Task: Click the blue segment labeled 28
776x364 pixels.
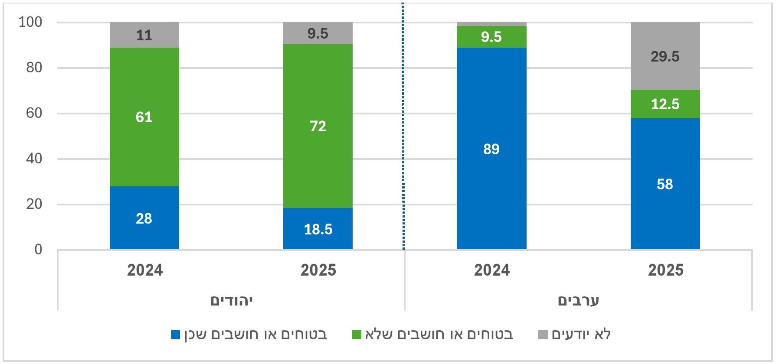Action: pyautogui.click(x=144, y=218)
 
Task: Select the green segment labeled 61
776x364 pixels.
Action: pyautogui.click(x=144, y=117)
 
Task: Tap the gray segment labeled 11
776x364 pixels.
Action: pyautogui.click(x=144, y=35)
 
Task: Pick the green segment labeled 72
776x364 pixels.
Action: pyautogui.click(x=318, y=126)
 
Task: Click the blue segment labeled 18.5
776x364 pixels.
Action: pyautogui.click(x=318, y=228)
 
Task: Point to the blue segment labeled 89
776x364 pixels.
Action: pyautogui.click(x=491, y=149)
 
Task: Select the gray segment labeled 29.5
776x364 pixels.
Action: pyautogui.click(x=665, y=56)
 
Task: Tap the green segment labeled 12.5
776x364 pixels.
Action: pyautogui.click(x=665, y=104)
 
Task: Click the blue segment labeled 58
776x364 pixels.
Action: pyautogui.click(x=665, y=184)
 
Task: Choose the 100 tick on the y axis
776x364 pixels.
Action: pyautogui.click(x=30, y=22)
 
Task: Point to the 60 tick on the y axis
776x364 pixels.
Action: pyautogui.click(x=34, y=113)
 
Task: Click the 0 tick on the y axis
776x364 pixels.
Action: pyautogui.click(x=38, y=250)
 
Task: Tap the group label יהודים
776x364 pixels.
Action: pyautogui.click(x=231, y=300)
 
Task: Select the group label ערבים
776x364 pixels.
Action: pyautogui.click(x=578, y=300)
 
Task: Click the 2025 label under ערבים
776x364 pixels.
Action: pyautogui.click(x=665, y=270)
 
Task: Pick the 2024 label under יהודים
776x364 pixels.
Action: pyautogui.click(x=144, y=270)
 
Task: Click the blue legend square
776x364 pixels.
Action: pyautogui.click(x=175, y=335)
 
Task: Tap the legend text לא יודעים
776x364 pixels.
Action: pyautogui.click(x=581, y=335)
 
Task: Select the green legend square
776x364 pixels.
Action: pyautogui.click(x=357, y=335)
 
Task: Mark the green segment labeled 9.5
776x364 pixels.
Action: pyautogui.click(x=491, y=37)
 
